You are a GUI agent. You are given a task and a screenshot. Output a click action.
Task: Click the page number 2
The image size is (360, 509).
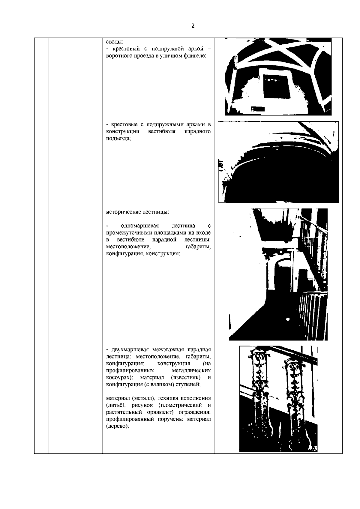coord(193,26)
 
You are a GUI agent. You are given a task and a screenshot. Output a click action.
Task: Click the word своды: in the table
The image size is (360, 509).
coord(115,42)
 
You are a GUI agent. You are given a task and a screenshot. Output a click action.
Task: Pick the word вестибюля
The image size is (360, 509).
coord(161,131)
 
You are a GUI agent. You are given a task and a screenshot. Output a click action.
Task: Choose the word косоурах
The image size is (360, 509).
coord(119,377)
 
